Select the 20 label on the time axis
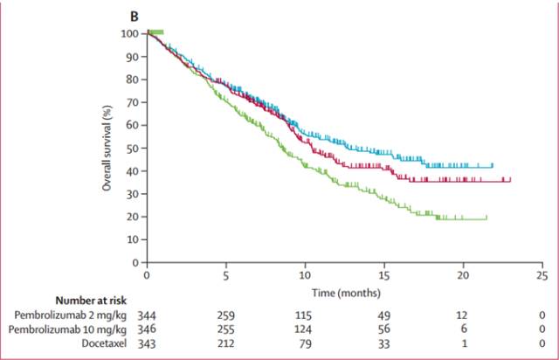[463, 275]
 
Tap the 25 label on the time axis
[542, 275]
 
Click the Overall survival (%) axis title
[107, 148]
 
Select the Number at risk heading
[92, 300]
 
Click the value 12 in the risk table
[463, 314]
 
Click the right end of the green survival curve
[487, 218]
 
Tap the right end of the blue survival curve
[493, 165]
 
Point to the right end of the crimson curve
[510, 180]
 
